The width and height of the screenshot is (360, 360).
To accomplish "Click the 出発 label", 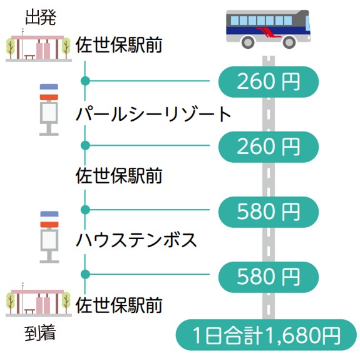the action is click(x=41, y=17).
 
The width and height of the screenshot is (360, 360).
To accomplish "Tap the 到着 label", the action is click(x=40, y=332).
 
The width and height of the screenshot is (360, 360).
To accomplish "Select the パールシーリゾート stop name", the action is click(x=153, y=114).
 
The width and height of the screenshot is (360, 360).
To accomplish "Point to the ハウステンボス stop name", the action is click(x=136, y=240).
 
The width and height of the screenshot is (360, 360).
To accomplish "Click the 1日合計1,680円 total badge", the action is click(x=266, y=335).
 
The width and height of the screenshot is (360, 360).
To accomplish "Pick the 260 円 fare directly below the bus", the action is click(x=269, y=82).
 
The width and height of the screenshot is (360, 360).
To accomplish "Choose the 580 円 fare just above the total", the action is click(x=269, y=277).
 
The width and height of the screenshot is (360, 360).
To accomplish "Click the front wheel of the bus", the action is click(x=289, y=42).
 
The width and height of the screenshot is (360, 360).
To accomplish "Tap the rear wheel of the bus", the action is click(x=248, y=42).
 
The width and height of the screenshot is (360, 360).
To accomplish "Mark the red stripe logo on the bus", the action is click(x=269, y=32).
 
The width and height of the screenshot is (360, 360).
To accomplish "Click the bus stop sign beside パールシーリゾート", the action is click(x=49, y=110).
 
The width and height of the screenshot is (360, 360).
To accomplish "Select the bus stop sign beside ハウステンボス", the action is click(x=49, y=237).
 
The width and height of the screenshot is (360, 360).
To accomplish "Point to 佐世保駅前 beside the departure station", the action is click(x=119, y=44).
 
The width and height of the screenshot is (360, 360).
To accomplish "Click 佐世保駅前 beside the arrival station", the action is click(x=119, y=305).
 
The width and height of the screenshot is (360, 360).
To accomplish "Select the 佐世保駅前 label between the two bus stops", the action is click(x=119, y=175).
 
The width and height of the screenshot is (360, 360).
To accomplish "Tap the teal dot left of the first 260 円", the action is click(x=85, y=81).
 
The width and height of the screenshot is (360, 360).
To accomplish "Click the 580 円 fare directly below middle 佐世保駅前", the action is click(x=269, y=212).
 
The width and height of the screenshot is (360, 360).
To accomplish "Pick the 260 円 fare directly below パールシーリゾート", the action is click(x=269, y=147).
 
